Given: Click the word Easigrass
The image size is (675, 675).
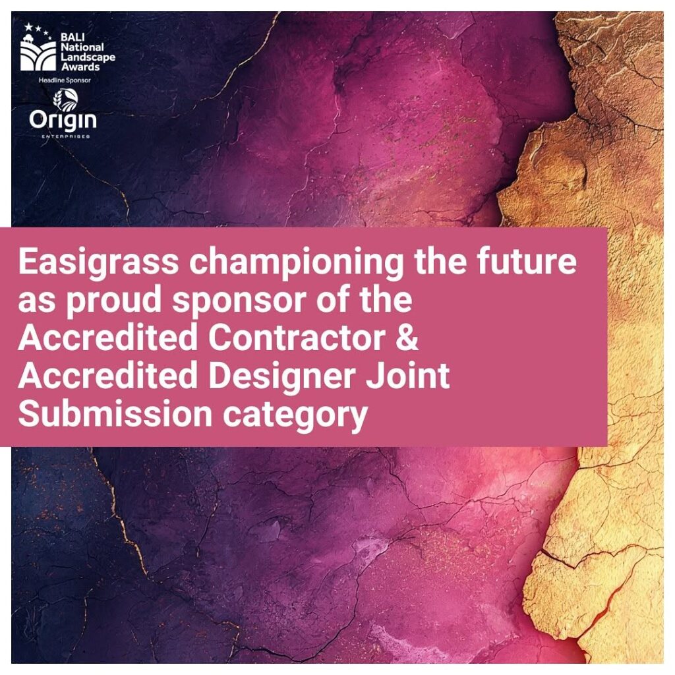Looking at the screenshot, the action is coord(98,262).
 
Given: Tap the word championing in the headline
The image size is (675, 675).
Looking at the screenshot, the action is coord(296,262).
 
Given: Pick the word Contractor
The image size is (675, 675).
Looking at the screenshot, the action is coord(297,337).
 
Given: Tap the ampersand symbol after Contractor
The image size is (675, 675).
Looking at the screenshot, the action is coord(406,337).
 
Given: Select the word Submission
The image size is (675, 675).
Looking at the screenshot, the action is coord(115,413).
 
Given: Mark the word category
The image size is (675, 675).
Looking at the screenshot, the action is coord(295,415).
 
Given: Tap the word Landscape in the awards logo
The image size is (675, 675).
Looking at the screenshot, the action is coord(88,57).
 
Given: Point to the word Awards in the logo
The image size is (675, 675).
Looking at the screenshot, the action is coord(80,67).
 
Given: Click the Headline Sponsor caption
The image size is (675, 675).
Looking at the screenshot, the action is coord(65,80).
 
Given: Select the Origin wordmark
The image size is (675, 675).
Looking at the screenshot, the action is coord(63,121).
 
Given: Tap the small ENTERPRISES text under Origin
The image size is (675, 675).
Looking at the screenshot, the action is coord(65,136).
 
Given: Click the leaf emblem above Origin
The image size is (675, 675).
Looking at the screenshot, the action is coord(65,100).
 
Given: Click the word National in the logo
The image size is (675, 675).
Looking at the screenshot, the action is coord(82,47).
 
